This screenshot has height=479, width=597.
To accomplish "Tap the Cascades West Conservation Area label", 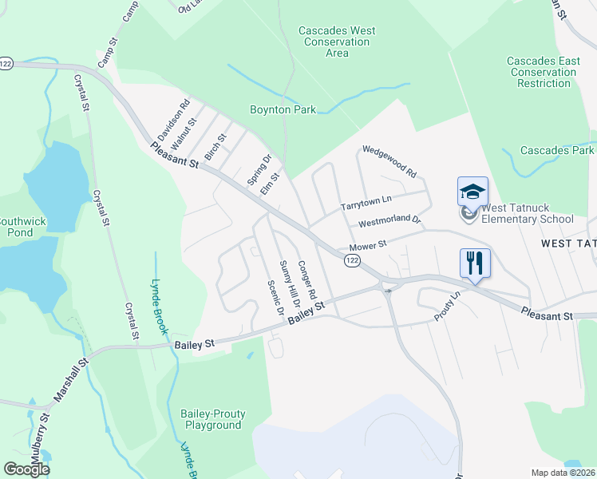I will (x=337, y=42).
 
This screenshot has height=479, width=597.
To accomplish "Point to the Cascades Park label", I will (x=557, y=150).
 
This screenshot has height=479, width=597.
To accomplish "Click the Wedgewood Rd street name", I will (x=389, y=160).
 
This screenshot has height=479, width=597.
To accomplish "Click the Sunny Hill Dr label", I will (x=289, y=284).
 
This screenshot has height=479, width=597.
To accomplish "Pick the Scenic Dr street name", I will (x=276, y=297).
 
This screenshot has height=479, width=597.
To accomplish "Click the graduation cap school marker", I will (x=472, y=191).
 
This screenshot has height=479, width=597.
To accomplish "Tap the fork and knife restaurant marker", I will (x=475, y=263).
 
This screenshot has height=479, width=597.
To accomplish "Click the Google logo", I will (x=26, y=469).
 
